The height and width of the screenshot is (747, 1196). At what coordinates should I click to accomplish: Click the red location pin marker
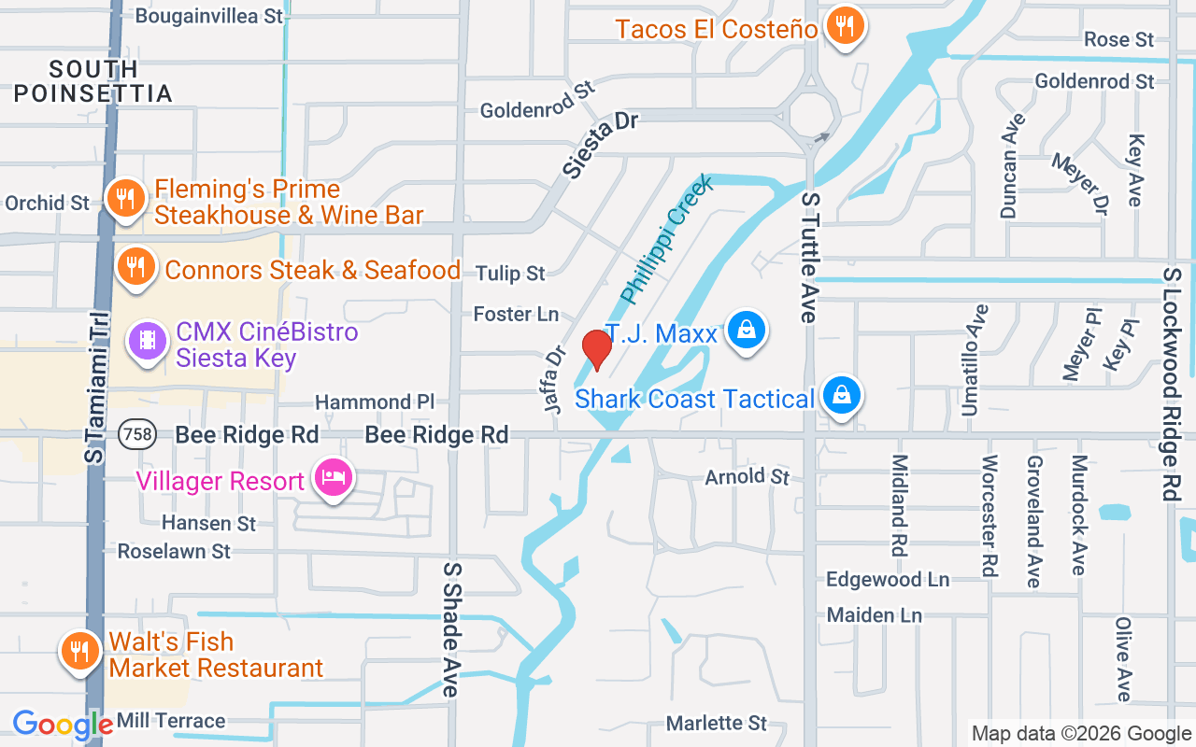(x=596, y=348)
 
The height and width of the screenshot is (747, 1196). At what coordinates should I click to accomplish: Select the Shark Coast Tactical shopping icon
(x=842, y=397)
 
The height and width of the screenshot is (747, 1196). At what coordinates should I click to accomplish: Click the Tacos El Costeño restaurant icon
(x=845, y=26)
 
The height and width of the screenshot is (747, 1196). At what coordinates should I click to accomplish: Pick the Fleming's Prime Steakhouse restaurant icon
(x=122, y=199)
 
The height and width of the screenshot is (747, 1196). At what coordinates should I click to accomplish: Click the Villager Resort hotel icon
(x=334, y=479)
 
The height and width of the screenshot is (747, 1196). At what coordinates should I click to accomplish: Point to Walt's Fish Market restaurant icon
(x=80, y=652)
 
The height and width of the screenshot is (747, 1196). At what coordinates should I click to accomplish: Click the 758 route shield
(x=136, y=434)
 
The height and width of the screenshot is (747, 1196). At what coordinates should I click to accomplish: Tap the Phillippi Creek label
(x=667, y=239)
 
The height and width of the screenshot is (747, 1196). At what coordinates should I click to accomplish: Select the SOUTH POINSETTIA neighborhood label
(x=93, y=81)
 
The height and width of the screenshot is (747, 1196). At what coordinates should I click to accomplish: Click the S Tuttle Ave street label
(x=809, y=258)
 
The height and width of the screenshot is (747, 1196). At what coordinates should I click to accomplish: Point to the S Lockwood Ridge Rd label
(x=1172, y=384)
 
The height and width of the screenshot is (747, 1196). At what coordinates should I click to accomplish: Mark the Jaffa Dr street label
(x=555, y=380)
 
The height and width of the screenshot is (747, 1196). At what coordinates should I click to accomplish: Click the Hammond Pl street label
(x=375, y=402)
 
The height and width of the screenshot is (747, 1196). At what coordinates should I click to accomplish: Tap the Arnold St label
(x=747, y=477)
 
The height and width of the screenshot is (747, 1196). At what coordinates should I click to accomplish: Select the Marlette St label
(x=716, y=724)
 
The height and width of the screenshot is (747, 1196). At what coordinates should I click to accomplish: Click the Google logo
(x=63, y=724)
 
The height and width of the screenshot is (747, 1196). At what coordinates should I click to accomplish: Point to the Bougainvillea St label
(x=209, y=16)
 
